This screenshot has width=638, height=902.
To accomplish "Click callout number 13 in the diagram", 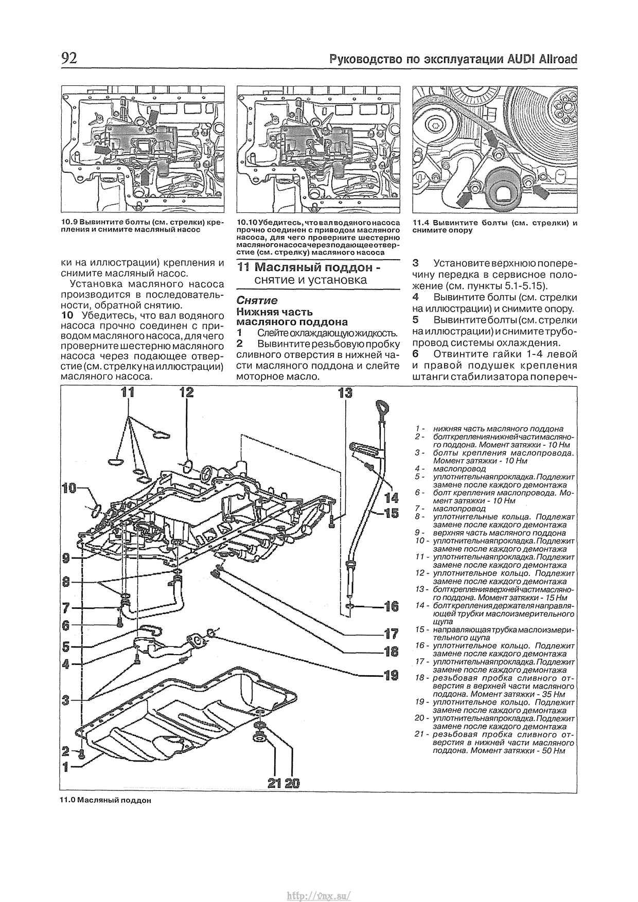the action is pyautogui.click(x=345, y=393).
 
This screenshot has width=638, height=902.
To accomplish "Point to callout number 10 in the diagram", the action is pyautogui.click(x=70, y=488).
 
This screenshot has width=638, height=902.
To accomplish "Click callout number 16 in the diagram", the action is pyautogui.click(x=391, y=607).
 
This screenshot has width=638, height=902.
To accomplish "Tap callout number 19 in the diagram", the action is pyautogui.click(x=391, y=675).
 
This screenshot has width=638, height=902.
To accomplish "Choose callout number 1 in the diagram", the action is pyautogui.click(x=66, y=767).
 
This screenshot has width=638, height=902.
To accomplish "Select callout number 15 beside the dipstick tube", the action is pyautogui.click(x=391, y=513).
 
